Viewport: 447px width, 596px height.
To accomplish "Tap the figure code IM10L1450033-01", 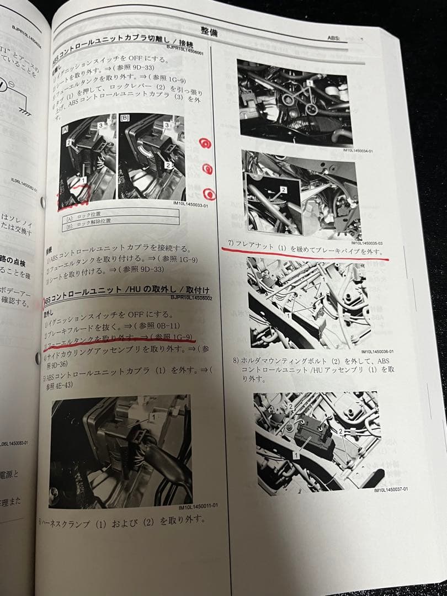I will click(x=189, y=205).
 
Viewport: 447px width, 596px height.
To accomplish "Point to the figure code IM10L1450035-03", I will click(x=368, y=242).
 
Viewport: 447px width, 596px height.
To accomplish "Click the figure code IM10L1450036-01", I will click(x=377, y=351).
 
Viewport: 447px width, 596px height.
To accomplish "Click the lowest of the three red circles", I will click(x=210, y=194).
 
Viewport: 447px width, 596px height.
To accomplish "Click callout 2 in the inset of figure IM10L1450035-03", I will click(x=284, y=189).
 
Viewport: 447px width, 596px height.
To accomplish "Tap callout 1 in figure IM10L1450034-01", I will click(x=311, y=82).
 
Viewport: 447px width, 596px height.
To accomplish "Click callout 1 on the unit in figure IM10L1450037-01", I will click(x=296, y=455).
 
